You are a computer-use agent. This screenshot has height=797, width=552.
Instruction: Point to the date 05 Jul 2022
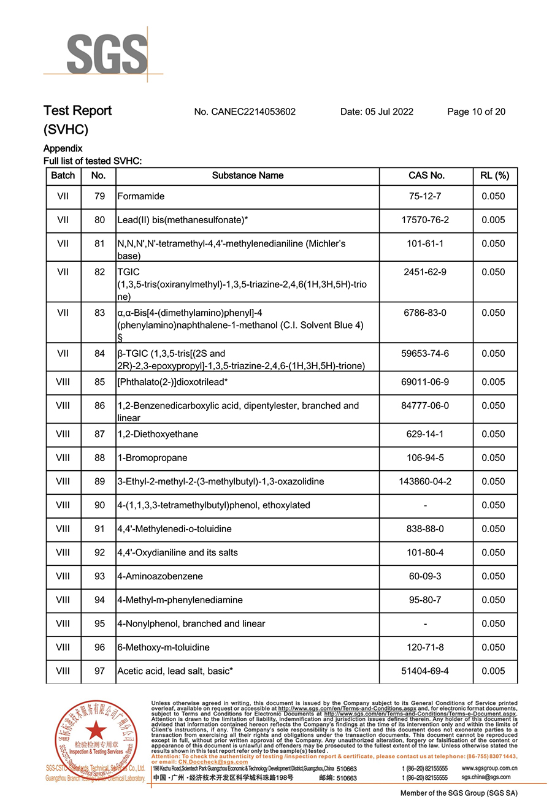pyautogui.click(x=377, y=112)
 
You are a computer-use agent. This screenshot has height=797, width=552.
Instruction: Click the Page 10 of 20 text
pyautogui.click(x=476, y=112)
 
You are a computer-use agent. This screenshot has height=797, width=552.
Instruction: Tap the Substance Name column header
pyautogui.click(x=247, y=175)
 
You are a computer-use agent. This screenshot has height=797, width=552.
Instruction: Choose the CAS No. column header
pyautogui.click(x=426, y=175)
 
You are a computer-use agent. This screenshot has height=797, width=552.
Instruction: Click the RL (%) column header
pyautogui.click(x=494, y=175)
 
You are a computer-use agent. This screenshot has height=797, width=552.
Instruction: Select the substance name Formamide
pyautogui.click(x=140, y=197)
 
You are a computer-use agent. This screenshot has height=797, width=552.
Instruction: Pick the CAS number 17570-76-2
pyautogui.click(x=426, y=220)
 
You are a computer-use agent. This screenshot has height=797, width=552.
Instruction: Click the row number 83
pyautogui.click(x=99, y=313)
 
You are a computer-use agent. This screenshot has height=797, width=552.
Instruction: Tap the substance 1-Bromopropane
pyautogui.click(x=144, y=458)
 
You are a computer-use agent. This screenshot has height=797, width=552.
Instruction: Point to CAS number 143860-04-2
pyautogui.click(x=426, y=481)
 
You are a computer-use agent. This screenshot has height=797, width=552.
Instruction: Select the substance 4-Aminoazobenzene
pyautogui.click(x=159, y=576)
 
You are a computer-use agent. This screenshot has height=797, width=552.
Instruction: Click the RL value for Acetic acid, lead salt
pyautogui.click(x=494, y=671)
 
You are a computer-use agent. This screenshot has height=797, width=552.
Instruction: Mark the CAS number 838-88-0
pyautogui.click(x=426, y=529)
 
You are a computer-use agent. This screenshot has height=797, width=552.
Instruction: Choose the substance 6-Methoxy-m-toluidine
pyautogui.click(x=163, y=647)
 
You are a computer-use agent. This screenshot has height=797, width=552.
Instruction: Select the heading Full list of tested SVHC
pyautogui.click(x=93, y=161)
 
